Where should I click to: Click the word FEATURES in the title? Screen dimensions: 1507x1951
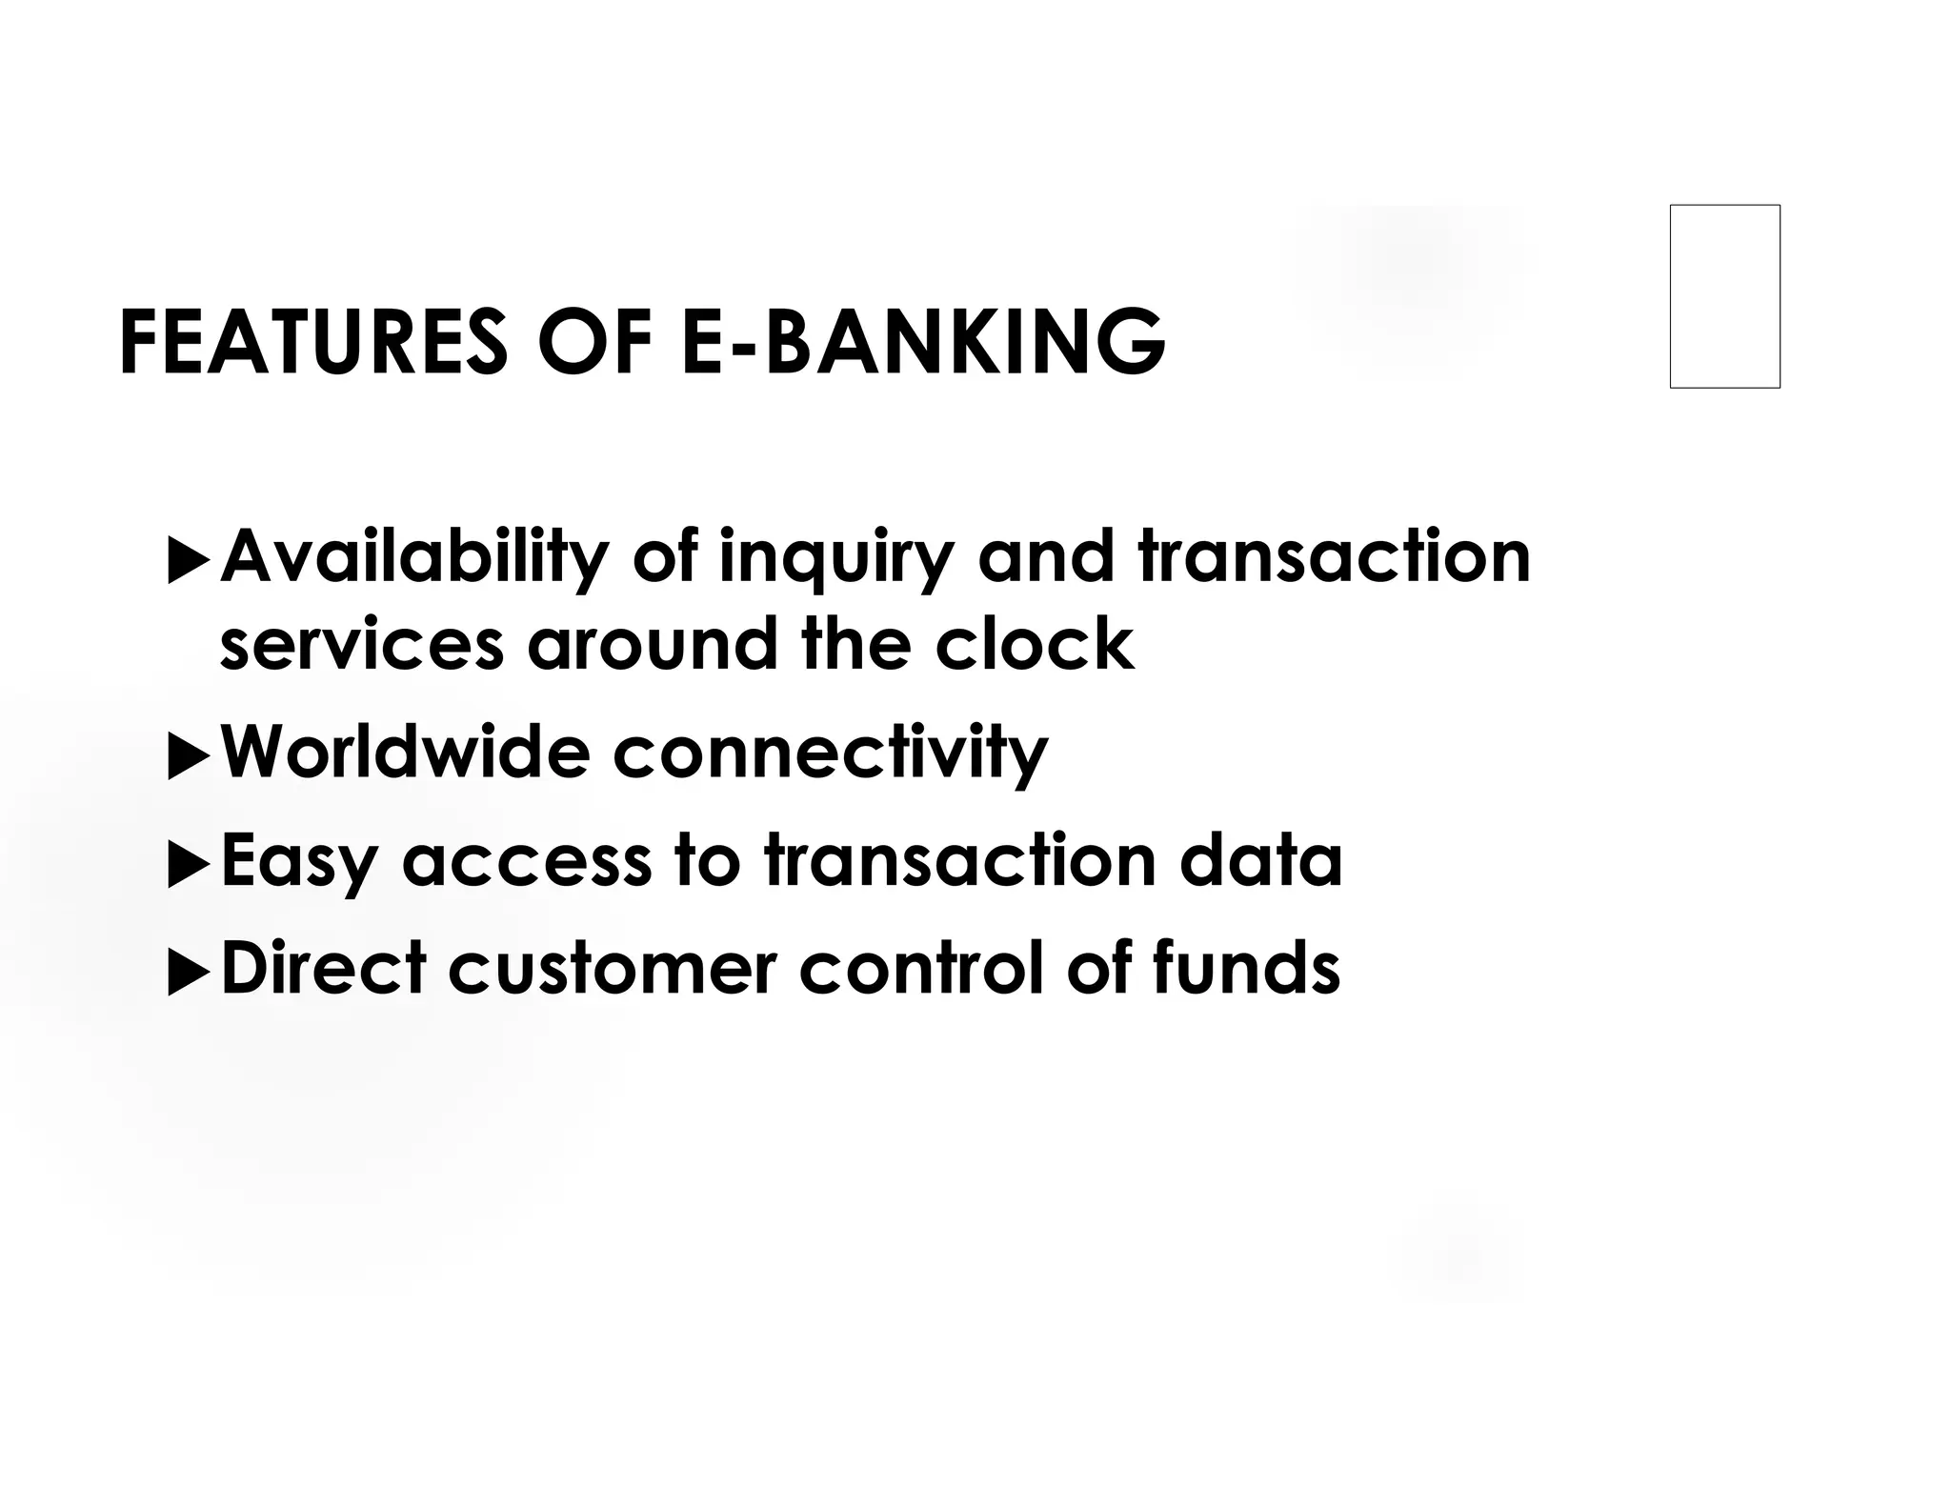(x=313, y=342)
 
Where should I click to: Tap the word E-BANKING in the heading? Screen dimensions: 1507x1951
(x=923, y=342)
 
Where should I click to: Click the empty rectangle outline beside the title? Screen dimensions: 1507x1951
(x=1724, y=296)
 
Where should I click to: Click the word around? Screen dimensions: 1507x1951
(x=653, y=644)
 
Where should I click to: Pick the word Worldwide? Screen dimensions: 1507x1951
(x=405, y=753)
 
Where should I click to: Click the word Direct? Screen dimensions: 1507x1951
(x=323, y=968)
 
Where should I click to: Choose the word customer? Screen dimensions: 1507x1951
(x=613, y=969)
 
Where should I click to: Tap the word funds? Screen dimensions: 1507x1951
(x=1246, y=968)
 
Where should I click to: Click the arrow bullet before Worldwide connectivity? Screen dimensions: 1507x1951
(x=188, y=757)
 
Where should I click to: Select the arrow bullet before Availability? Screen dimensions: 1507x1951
(x=188, y=562)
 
